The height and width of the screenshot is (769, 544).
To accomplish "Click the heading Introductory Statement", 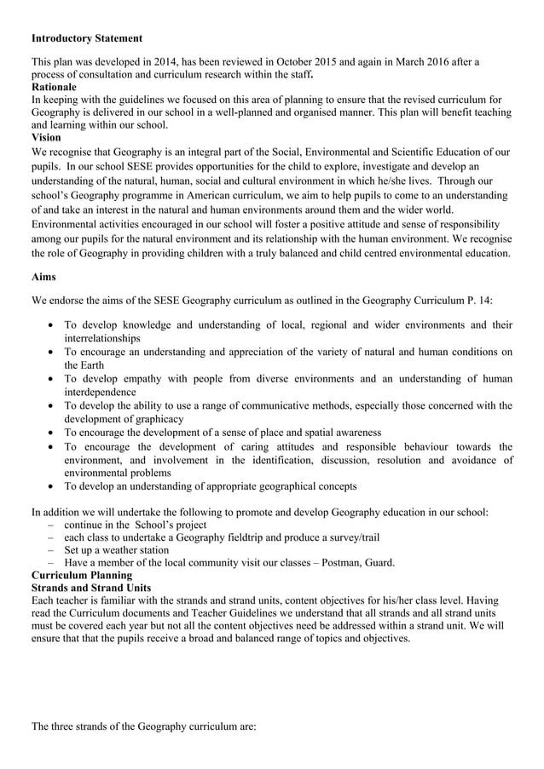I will pyautogui.click(x=86, y=38).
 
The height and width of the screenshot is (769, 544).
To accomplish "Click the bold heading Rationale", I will pyautogui.click(x=54, y=87).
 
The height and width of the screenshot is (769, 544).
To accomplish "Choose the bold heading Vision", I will pyautogui.click(x=46, y=137).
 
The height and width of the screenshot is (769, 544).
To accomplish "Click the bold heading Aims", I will pyautogui.click(x=44, y=277).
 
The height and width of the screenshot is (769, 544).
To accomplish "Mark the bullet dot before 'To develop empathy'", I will pyautogui.click(x=53, y=379).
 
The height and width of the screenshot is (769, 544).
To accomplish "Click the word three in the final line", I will pyautogui.click(x=69, y=726).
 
